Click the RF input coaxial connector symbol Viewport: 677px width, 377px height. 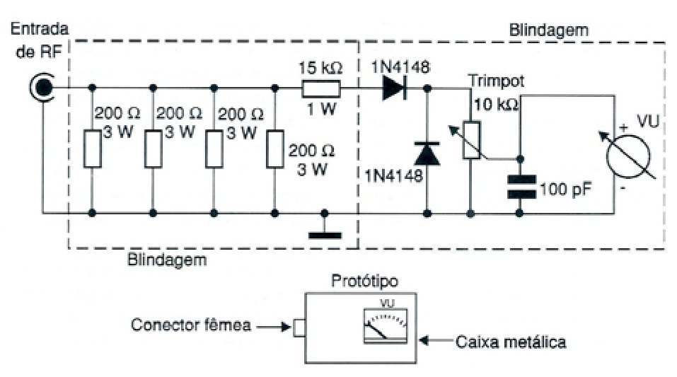click(x=42, y=88)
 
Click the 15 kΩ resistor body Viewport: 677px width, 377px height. click(x=320, y=88)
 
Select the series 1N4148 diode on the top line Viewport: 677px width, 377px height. click(x=393, y=88)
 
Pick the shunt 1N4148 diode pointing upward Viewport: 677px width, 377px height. click(x=427, y=153)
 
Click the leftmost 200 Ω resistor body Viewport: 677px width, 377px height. click(x=93, y=149)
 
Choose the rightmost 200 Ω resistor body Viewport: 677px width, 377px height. click(x=275, y=149)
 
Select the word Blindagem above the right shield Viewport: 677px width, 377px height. click(x=549, y=30)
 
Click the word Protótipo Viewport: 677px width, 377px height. click(x=364, y=282)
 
